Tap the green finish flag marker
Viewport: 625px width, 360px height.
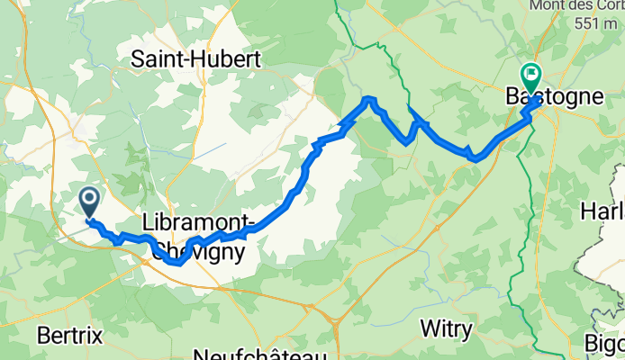click(529, 75)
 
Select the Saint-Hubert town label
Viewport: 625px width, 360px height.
click(195, 59)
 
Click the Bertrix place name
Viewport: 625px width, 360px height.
click(70, 335)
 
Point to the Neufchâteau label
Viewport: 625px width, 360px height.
click(258, 352)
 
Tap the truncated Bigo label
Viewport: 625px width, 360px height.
click(605, 343)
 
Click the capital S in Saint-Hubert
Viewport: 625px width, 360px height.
click(138, 59)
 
